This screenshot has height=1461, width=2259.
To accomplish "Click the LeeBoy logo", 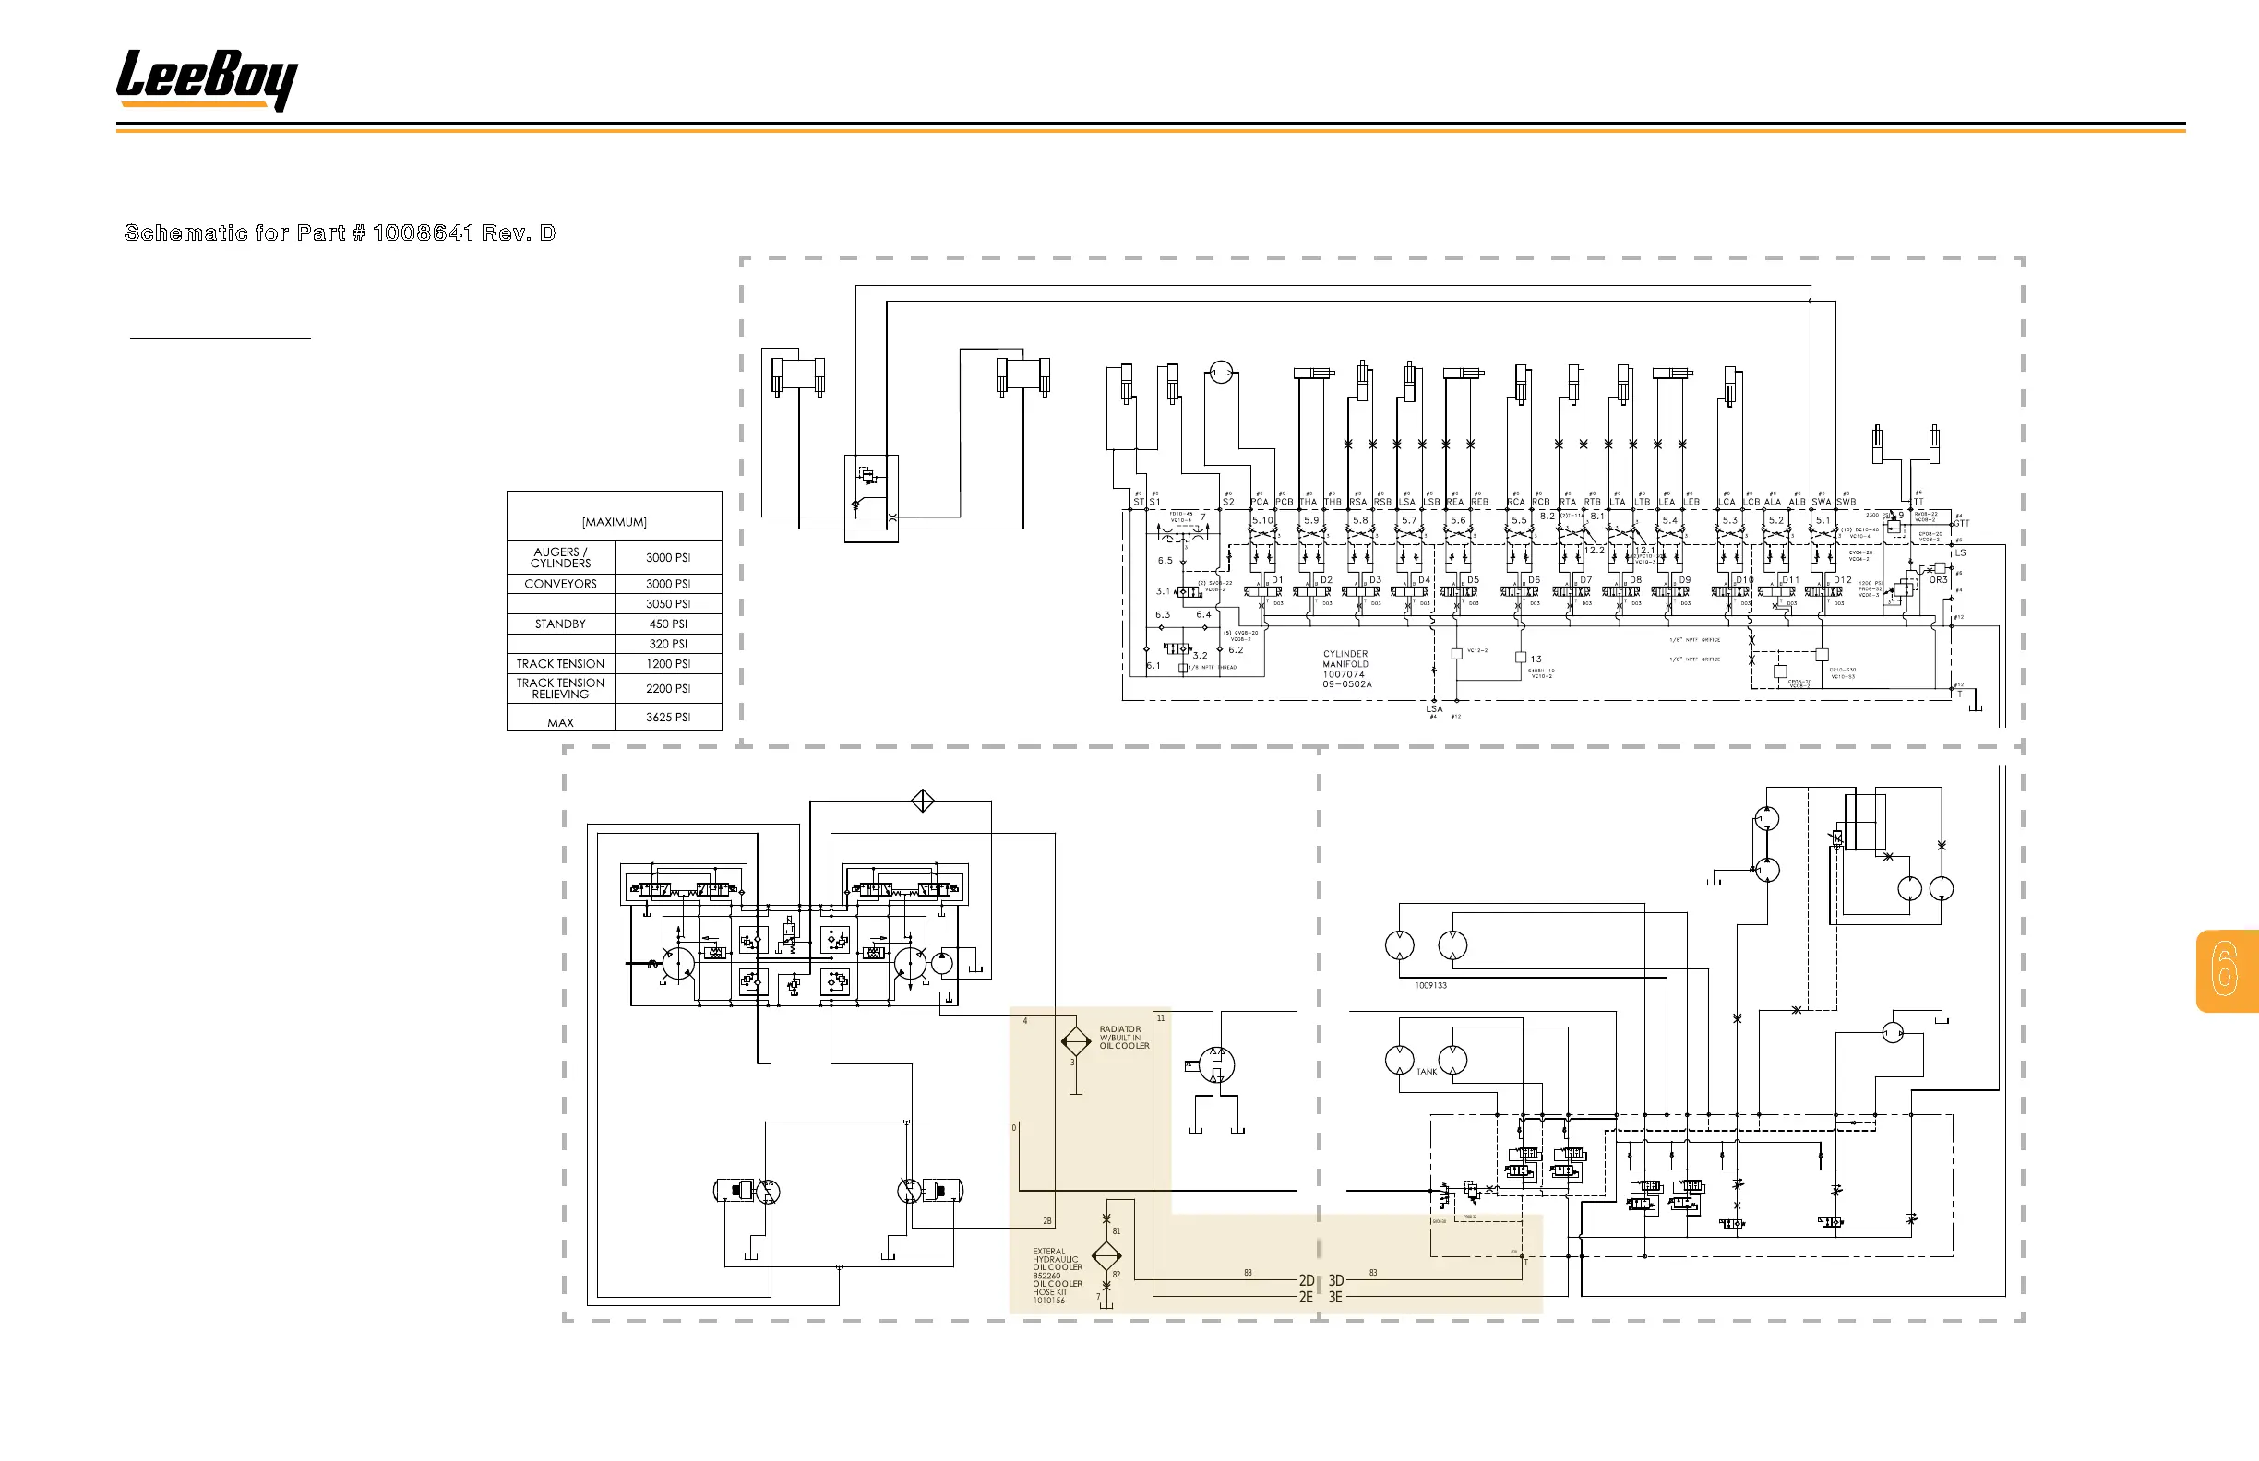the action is [x=207, y=79].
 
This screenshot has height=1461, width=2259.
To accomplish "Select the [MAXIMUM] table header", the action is [x=614, y=522].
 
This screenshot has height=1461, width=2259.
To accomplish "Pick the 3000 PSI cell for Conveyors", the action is [x=668, y=584].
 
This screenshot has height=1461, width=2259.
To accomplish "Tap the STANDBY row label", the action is [x=560, y=624].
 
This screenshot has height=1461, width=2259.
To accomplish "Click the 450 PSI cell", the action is [x=668, y=624].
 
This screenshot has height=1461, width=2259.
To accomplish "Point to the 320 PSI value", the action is [x=668, y=643].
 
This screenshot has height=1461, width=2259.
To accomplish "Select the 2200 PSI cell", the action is [x=668, y=688].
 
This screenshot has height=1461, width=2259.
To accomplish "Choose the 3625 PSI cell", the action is [x=668, y=718].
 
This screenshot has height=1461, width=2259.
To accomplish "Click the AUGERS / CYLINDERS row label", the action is [x=560, y=557].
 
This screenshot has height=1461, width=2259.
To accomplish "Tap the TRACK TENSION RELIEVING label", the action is [x=560, y=688].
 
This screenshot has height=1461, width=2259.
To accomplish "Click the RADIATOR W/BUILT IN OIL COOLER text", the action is [x=1124, y=1037].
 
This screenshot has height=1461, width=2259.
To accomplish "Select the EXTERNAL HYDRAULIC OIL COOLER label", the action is [x=1057, y=1260].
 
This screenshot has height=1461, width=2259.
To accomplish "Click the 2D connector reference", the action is [x=1306, y=1280].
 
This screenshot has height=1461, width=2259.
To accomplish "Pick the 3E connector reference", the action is [x=1335, y=1297].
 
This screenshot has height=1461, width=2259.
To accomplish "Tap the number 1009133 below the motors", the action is [x=1430, y=986].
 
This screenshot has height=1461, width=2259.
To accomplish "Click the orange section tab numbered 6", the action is [x=2226, y=969].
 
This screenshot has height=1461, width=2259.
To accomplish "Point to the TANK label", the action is [x=1427, y=1071].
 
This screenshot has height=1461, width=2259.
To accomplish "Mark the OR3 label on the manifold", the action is [x=1937, y=579].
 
